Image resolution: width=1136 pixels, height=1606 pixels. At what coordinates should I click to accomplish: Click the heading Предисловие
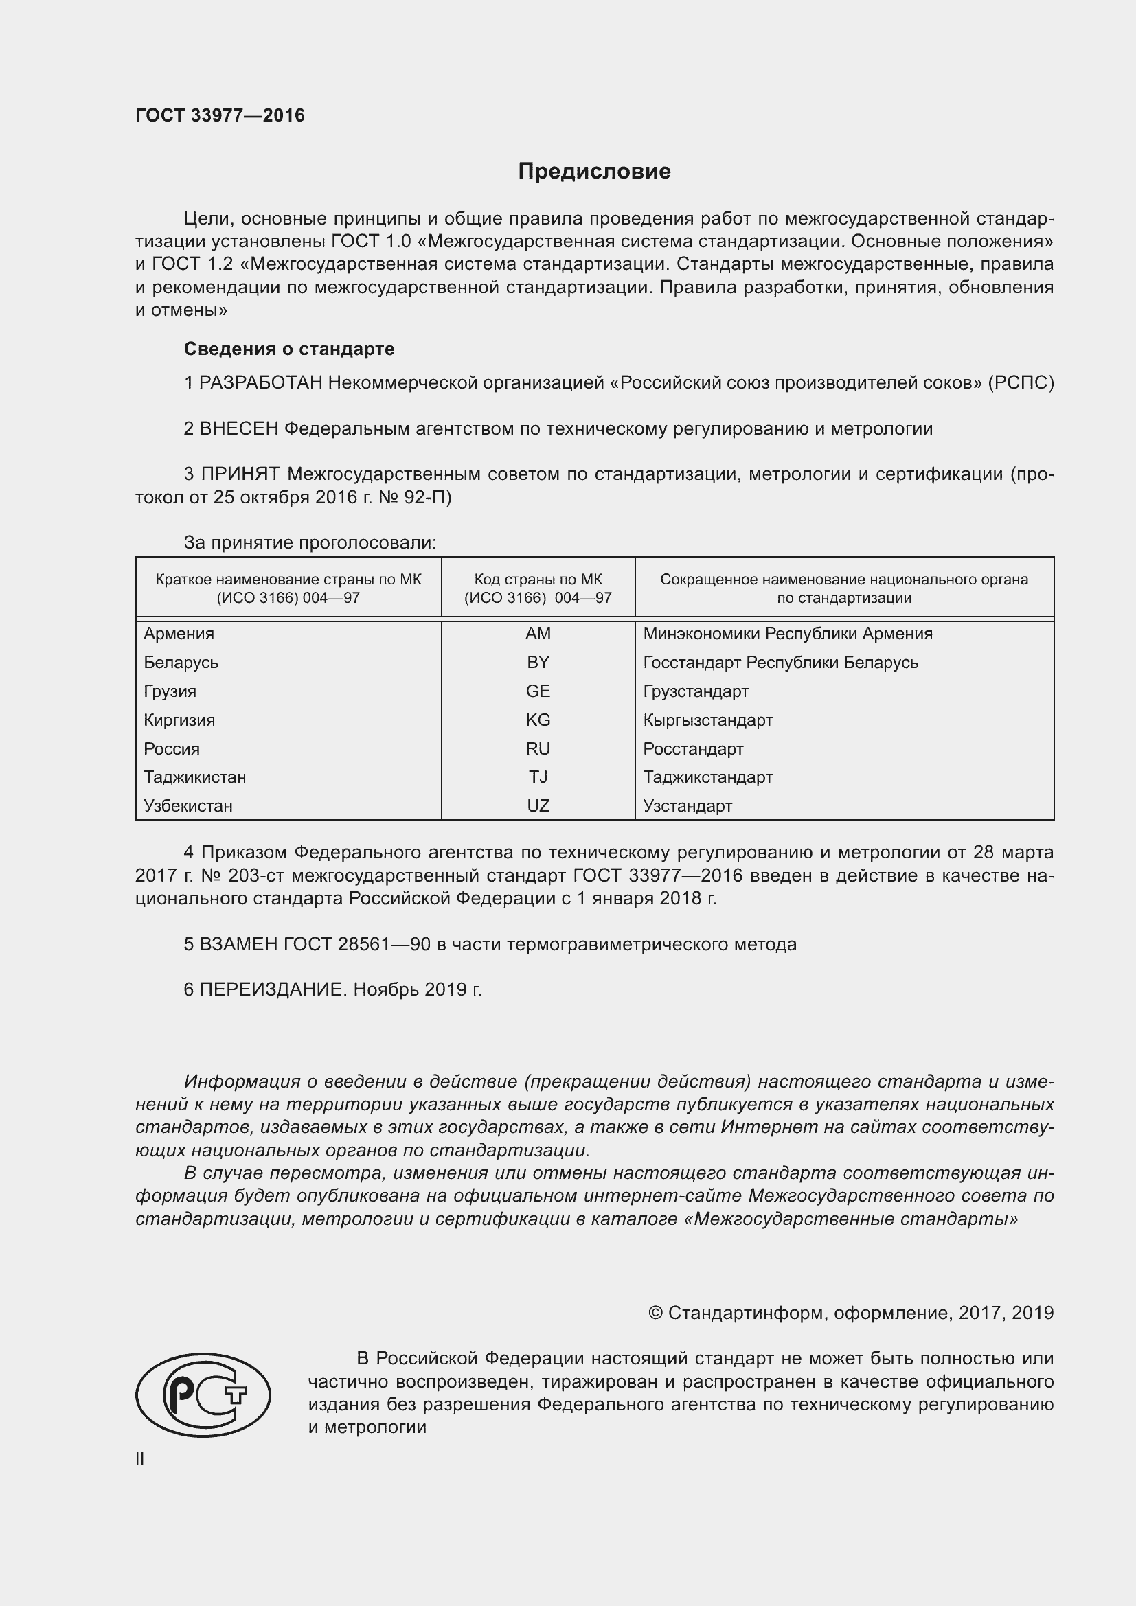coord(594,172)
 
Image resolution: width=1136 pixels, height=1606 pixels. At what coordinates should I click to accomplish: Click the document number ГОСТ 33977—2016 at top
coord(220,115)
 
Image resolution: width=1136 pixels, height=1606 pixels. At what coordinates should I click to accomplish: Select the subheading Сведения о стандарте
coord(289,348)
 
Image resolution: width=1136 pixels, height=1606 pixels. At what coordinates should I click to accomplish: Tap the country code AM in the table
coord(538,634)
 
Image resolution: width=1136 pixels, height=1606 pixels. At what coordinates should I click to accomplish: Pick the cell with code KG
coord(538,720)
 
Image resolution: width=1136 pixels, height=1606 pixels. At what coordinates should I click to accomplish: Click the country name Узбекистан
coord(188,806)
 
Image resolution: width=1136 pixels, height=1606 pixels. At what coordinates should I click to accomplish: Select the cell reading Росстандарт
coord(692,749)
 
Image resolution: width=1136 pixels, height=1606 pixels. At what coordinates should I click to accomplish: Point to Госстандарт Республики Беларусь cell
coord(780,663)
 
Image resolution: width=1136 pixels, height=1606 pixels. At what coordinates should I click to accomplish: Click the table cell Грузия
coord(170,691)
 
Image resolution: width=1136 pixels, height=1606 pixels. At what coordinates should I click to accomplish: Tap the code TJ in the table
coord(538,777)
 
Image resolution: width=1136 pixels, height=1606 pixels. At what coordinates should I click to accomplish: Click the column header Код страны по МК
coord(538,588)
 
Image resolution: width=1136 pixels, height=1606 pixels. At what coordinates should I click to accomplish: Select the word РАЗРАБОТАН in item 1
coord(261,382)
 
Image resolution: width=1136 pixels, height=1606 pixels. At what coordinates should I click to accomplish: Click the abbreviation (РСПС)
coord(1020,382)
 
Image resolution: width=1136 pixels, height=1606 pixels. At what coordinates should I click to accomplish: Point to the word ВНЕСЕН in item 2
coord(238,428)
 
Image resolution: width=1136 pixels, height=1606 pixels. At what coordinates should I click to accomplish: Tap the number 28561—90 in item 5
coord(383,944)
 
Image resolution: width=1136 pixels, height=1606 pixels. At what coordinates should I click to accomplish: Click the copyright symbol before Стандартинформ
coord(655,1313)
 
